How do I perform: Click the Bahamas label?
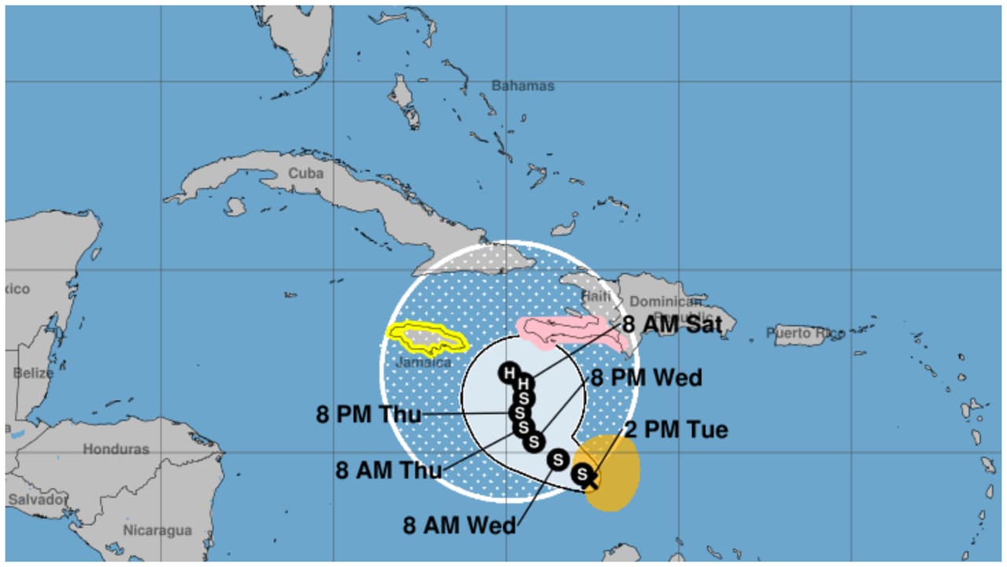pos(522,85)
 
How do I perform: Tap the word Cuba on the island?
pos(305,173)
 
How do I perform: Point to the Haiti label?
pos(596,296)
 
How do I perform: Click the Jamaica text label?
pos(423,362)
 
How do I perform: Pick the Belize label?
pos(33,372)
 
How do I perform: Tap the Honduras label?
pos(116,449)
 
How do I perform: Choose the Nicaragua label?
pos(157,530)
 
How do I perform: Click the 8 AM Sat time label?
pos(672,324)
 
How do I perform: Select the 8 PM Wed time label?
pos(646,378)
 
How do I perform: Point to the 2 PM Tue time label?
pos(676,430)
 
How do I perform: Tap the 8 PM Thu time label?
pos(369,414)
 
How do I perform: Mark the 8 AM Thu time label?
pos(389,471)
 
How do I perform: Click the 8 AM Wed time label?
pos(459,525)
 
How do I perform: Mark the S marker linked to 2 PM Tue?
pos(582,474)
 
